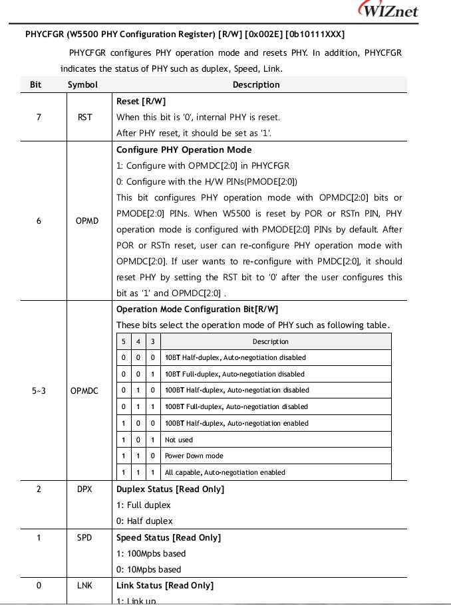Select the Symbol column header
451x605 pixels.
(82, 84)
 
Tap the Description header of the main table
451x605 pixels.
(256, 84)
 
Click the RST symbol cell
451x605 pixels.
(84, 118)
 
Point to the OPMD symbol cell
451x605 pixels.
(86, 220)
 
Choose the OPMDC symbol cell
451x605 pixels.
(84, 390)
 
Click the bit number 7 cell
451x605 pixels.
(39, 118)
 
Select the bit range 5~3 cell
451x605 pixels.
(39, 390)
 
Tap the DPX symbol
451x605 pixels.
(84, 489)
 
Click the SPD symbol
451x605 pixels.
(84, 537)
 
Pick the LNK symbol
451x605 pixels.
(84, 585)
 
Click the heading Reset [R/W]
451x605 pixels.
(141, 101)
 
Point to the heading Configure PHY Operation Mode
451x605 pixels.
(184, 149)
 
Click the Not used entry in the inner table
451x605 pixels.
(179, 440)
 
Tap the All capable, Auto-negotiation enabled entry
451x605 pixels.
(225, 472)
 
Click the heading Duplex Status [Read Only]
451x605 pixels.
(170, 489)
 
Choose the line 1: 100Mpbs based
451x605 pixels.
(151, 553)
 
